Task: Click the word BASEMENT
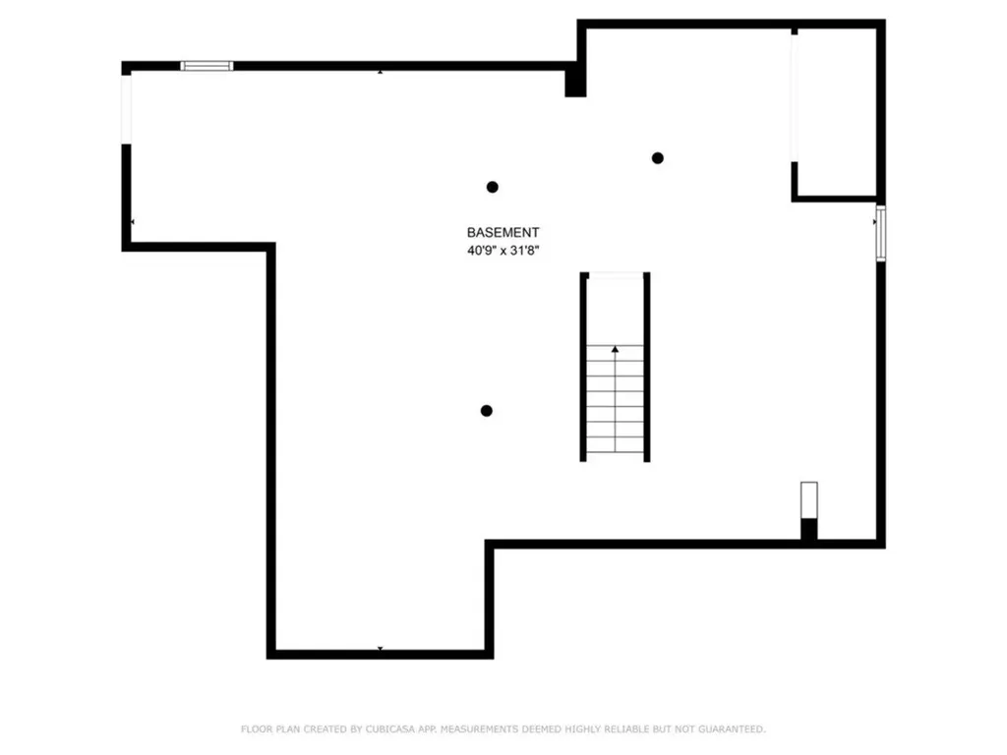503,233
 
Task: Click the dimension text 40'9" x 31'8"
503,251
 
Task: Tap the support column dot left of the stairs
486,411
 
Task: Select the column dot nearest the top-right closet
657,157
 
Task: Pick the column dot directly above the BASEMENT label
492,187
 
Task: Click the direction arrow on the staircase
616,349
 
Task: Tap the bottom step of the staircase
616,450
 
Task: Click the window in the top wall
207,66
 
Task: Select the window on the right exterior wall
881,233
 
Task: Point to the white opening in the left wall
126,109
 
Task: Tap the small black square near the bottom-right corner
808,529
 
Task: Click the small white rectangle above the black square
808,498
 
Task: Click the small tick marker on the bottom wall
381,649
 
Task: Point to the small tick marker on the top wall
381,71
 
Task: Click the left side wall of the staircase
583,367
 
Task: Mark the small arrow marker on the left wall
132,223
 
